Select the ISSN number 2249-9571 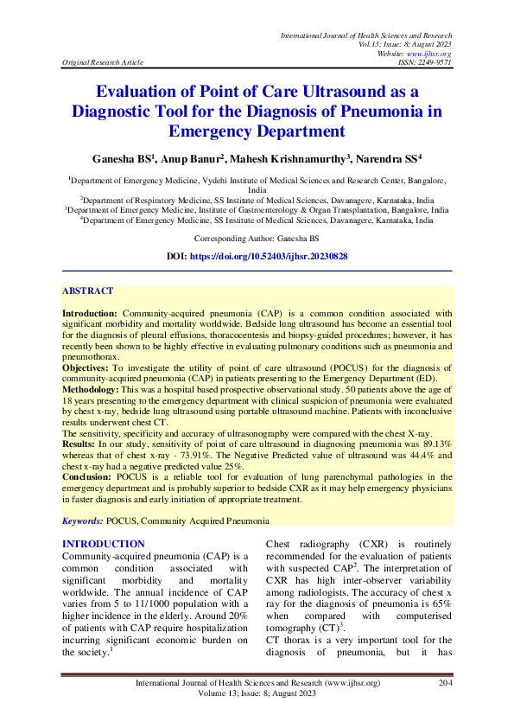click(x=433, y=62)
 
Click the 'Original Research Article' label click(x=98, y=63)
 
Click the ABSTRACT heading click(x=87, y=292)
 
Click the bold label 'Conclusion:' click(x=89, y=476)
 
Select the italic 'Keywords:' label click(x=83, y=521)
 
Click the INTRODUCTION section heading click(x=104, y=544)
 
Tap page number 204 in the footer click(x=443, y=683)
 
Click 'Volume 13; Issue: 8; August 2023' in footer click(x=257, y=694)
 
